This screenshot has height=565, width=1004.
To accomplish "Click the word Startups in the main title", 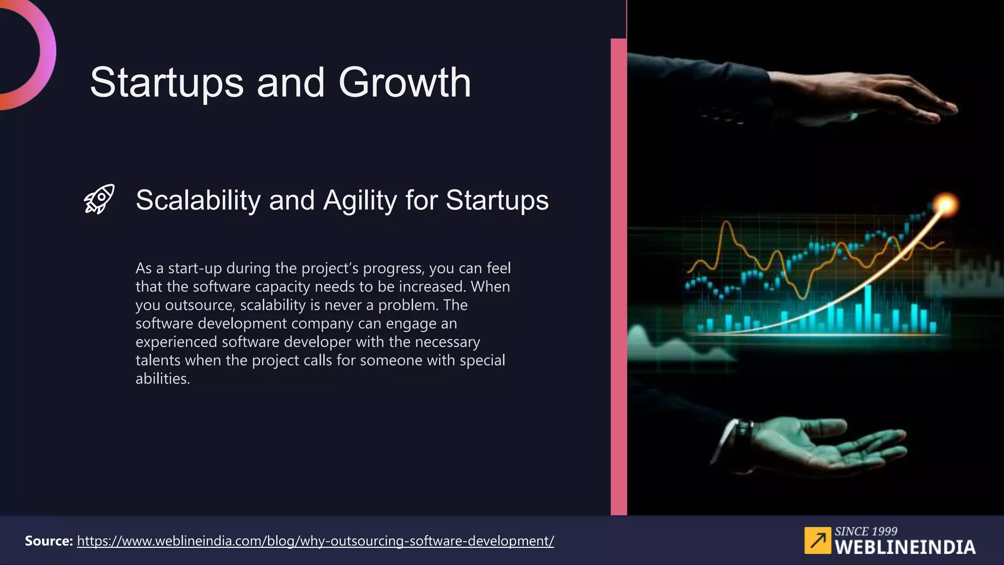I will [x=167, y=82].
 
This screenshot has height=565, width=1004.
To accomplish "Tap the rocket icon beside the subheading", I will [x=99, y=199].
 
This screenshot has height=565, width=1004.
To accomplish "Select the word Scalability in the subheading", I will [x=198, y=200].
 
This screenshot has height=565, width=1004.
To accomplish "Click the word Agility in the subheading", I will [x=359, y=200].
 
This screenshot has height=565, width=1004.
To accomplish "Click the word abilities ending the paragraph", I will [x=162, y=379].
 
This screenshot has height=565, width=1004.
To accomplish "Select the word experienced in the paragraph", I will [x=176, y=342].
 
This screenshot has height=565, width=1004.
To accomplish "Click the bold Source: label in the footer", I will [x=49, y=541].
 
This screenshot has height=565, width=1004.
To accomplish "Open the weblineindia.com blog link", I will [x=315, y=541].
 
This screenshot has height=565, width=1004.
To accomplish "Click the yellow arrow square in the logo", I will [x=817, y=540].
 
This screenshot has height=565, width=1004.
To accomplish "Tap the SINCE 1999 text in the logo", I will [x=866, y=531].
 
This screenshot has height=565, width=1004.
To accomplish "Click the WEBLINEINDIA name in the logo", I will [x=905, y=547].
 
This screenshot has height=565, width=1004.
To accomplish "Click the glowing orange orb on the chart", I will [x=945, y=204].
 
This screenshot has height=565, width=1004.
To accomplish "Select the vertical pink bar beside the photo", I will [x=619, y=275].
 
